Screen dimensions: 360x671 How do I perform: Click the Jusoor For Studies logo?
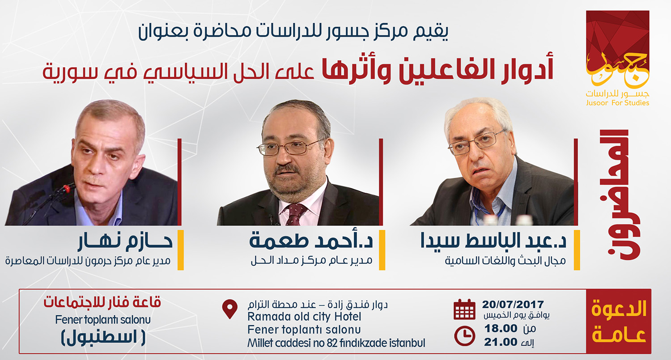[x=617, y=58]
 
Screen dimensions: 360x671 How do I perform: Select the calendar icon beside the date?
[x=464, y=309]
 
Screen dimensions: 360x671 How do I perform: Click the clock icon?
[x=464, y=336]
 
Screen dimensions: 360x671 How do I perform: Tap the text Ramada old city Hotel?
[x=304, y=317]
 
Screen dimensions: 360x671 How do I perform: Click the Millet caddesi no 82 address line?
[x=336, y=343]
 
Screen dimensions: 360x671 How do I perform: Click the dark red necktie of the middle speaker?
[x=295, y=214]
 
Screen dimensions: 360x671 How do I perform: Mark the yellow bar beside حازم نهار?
[x=180, y=250]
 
